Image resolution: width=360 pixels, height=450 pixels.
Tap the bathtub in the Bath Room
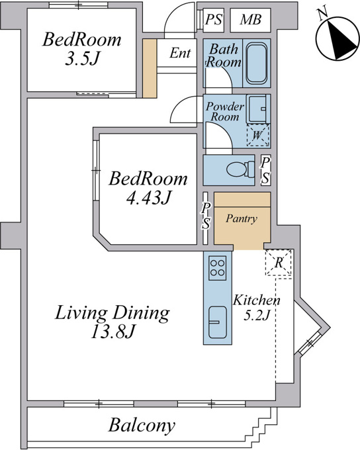point(257,63)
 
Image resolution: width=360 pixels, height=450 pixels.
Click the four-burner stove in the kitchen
point(217,268)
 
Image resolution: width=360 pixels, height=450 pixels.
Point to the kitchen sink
point(217,322)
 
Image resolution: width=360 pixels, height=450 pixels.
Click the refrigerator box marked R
point(279,263)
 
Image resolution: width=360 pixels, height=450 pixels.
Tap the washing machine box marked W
point(258,135)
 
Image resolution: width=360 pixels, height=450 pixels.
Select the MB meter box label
point(251,20)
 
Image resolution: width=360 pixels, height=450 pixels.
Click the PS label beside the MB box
point(214,20)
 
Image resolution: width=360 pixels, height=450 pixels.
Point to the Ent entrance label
point(180,53)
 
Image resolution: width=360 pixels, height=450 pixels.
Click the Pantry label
point(241,218)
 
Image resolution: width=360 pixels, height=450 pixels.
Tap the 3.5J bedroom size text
point(82,59)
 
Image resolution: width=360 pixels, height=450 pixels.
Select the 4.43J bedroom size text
point(149,197)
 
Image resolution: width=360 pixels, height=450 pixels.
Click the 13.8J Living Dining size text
point(112,332)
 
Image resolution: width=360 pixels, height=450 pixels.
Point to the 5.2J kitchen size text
point(257,316)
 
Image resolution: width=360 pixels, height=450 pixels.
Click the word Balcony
point(142,425)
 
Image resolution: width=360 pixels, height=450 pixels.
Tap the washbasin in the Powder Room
point(258,109)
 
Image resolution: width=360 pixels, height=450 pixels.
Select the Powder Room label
point(225,111)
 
